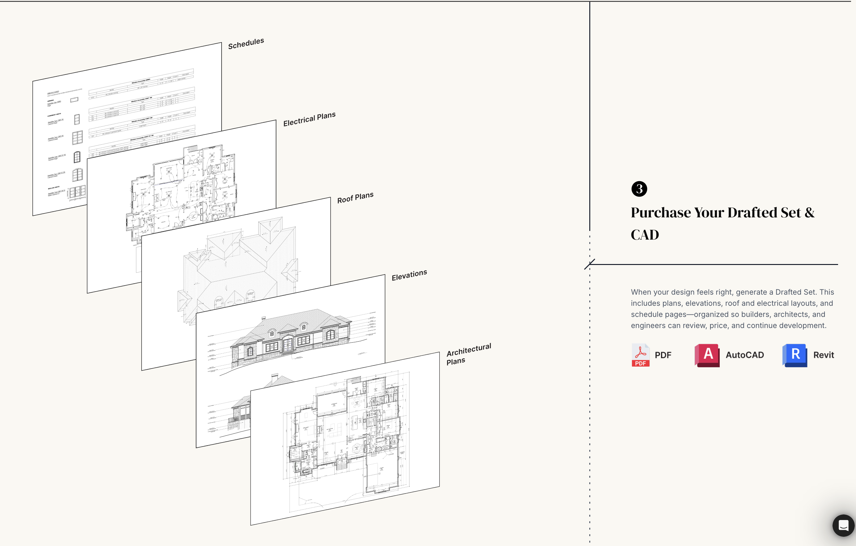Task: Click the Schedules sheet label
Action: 246,43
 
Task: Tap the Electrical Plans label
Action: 309,119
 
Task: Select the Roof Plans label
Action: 355,198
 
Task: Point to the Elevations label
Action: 409,275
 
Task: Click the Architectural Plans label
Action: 468,354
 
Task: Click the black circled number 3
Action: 639,189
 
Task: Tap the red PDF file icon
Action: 640,355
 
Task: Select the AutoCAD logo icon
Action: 707,355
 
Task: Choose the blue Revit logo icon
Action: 795,355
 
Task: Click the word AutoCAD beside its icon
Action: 745,355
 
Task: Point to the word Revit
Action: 824,355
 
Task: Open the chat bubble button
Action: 843,525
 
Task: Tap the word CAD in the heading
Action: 645,235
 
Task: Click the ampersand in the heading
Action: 809,213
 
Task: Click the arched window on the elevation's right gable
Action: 330,334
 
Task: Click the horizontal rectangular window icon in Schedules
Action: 74,100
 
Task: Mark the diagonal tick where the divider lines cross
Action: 589,264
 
